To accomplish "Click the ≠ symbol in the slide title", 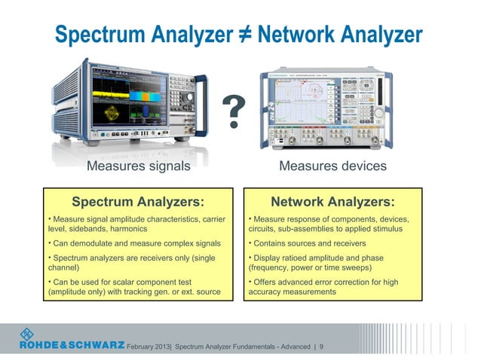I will (244, 35).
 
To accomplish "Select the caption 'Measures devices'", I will (332, 166).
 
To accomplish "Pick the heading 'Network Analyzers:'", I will (332, 202).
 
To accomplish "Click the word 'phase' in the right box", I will (369, 258).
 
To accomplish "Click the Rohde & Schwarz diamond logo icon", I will (27, 334).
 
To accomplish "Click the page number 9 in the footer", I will (322, 346).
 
